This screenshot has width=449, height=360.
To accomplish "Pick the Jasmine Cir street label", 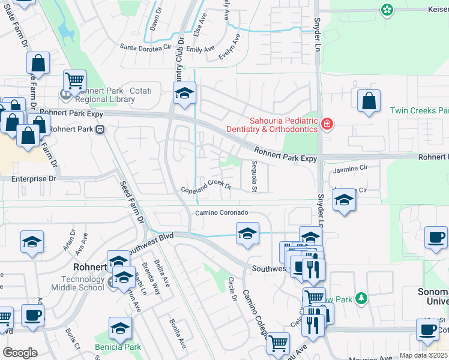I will tap(349, 170).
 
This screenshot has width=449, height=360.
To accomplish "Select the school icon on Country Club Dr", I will tap(184, 92).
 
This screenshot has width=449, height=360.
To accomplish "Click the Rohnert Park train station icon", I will tap(101, 128).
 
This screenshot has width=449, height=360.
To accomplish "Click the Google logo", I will tap(20, 353).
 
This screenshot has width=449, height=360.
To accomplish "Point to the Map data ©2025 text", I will tap(423, 355).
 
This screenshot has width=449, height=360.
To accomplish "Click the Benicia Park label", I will tap(118, 347).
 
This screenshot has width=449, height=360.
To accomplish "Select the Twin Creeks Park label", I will tap(419, 110).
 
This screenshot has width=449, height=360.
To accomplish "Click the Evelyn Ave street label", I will tap(229, 47).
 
